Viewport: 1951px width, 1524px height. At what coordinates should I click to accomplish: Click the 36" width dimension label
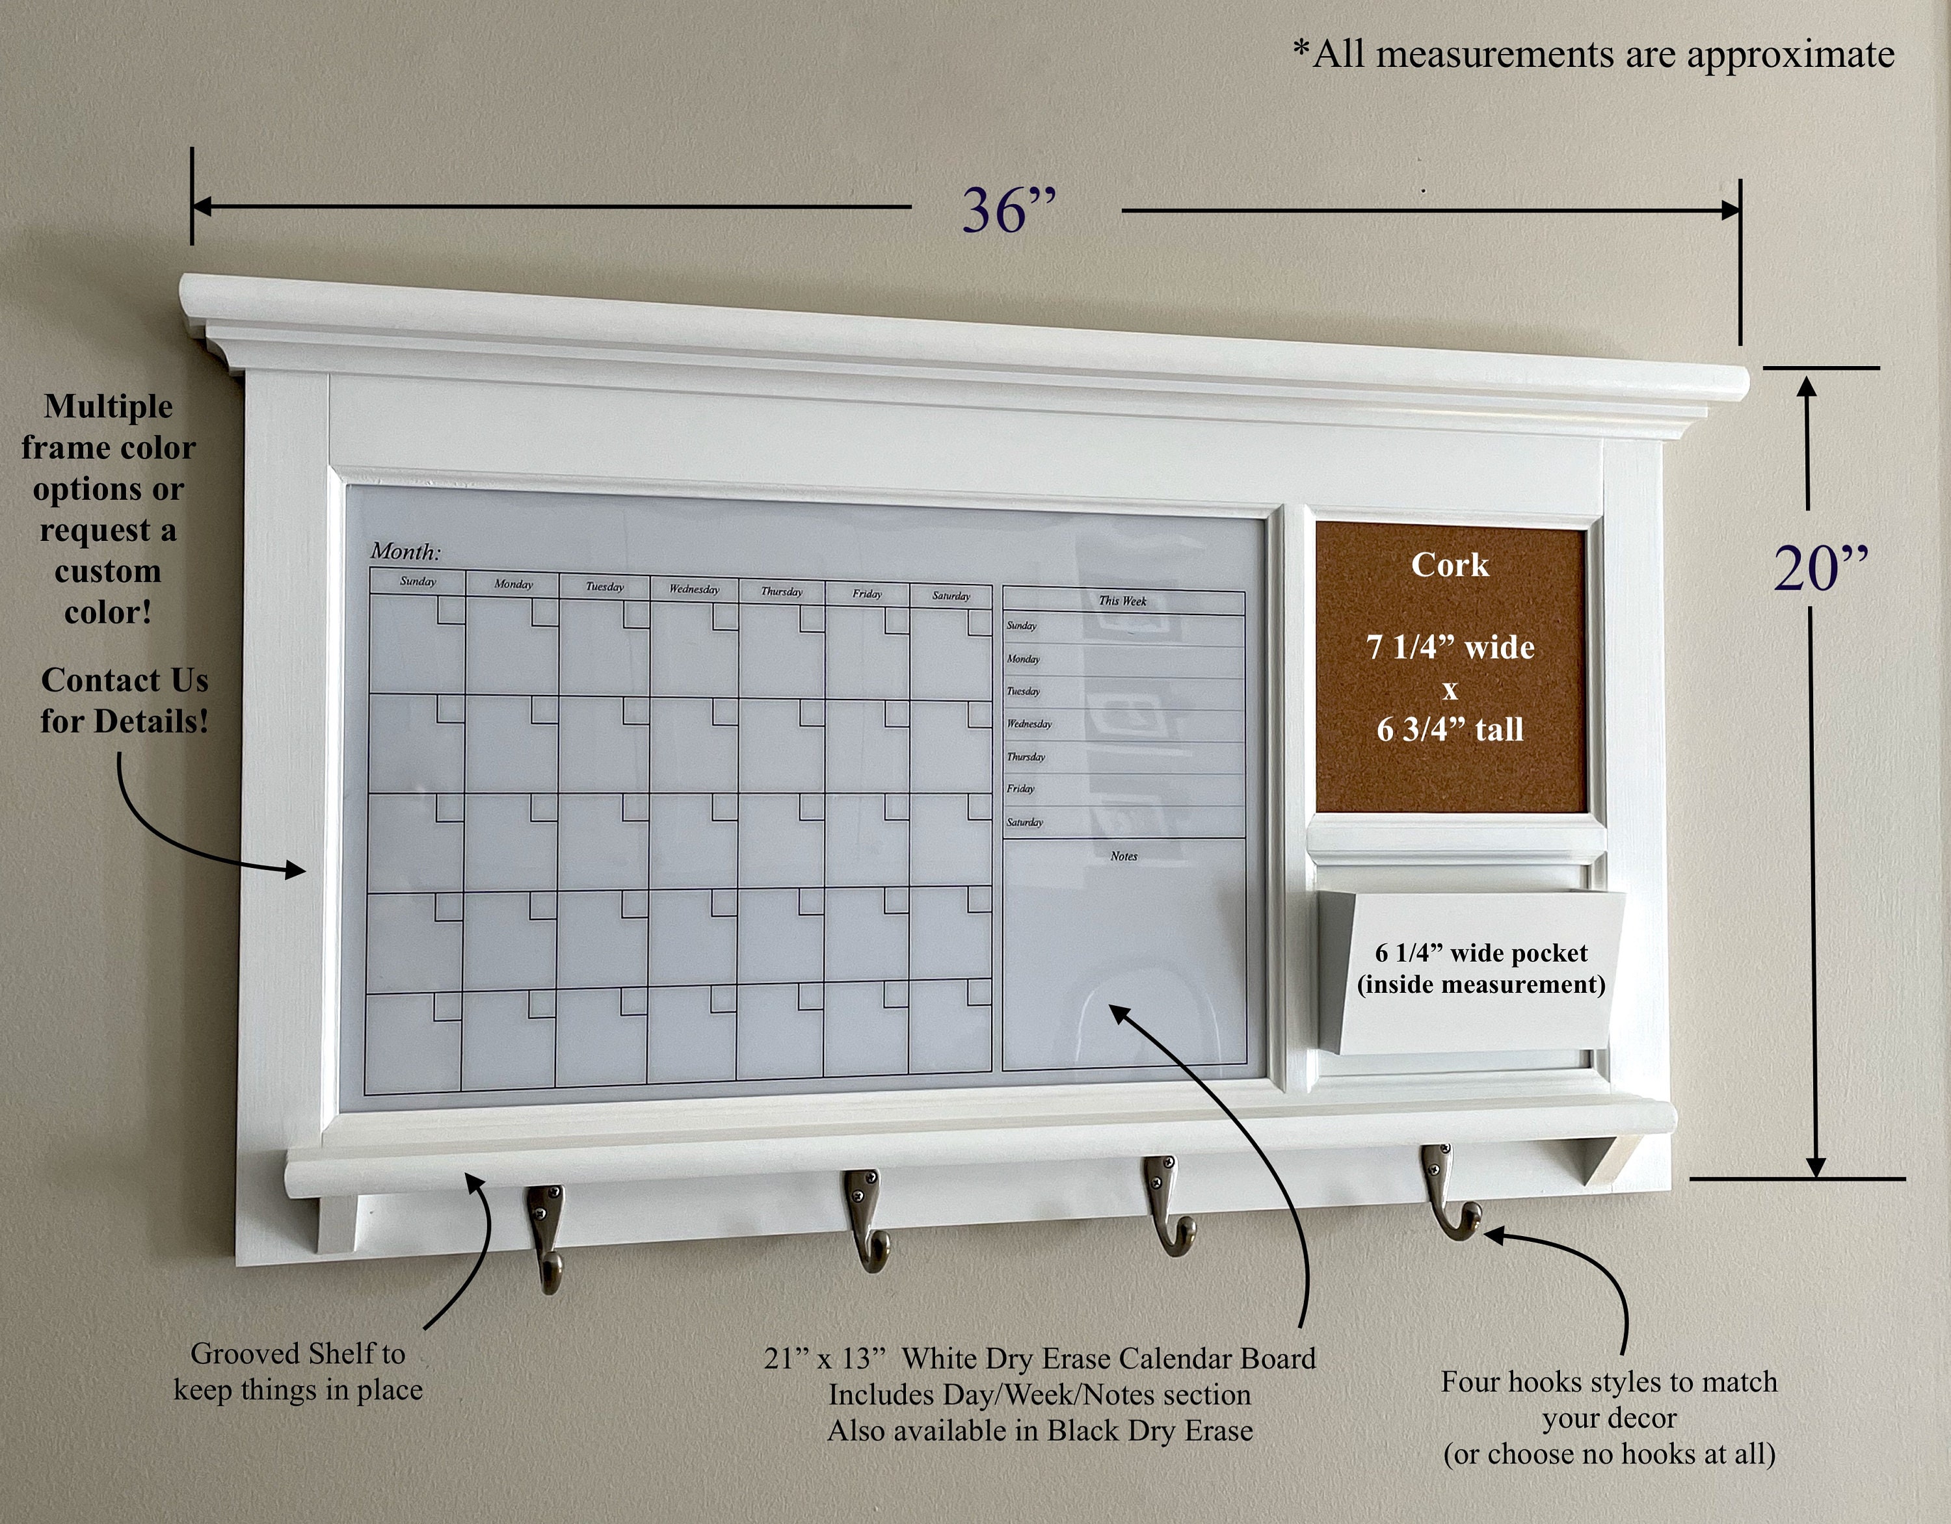tap(1009, 212)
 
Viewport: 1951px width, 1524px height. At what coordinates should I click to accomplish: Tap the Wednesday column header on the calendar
tap(694, 590)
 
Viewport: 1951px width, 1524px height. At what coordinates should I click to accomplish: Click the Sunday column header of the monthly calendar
tap(418, 581)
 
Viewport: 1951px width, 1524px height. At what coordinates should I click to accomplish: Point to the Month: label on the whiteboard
tap(406, 552)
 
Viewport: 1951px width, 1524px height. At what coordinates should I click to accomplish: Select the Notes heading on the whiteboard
tap(1124, 856)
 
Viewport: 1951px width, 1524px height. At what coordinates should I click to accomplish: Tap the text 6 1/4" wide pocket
tap(1481, 953)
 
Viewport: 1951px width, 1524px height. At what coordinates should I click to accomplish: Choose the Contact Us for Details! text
tap(124, 700)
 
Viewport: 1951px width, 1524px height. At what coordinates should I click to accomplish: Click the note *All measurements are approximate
tap(1594, 55)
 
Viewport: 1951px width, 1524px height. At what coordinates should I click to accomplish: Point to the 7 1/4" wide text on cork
tap(1450, 647)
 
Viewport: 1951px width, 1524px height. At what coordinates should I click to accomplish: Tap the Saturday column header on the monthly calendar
tap(951, 596)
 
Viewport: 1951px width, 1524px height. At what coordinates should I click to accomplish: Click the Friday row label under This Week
tap(1020, 789)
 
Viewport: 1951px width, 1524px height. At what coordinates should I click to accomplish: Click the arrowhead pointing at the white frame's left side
tap(297, 869)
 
